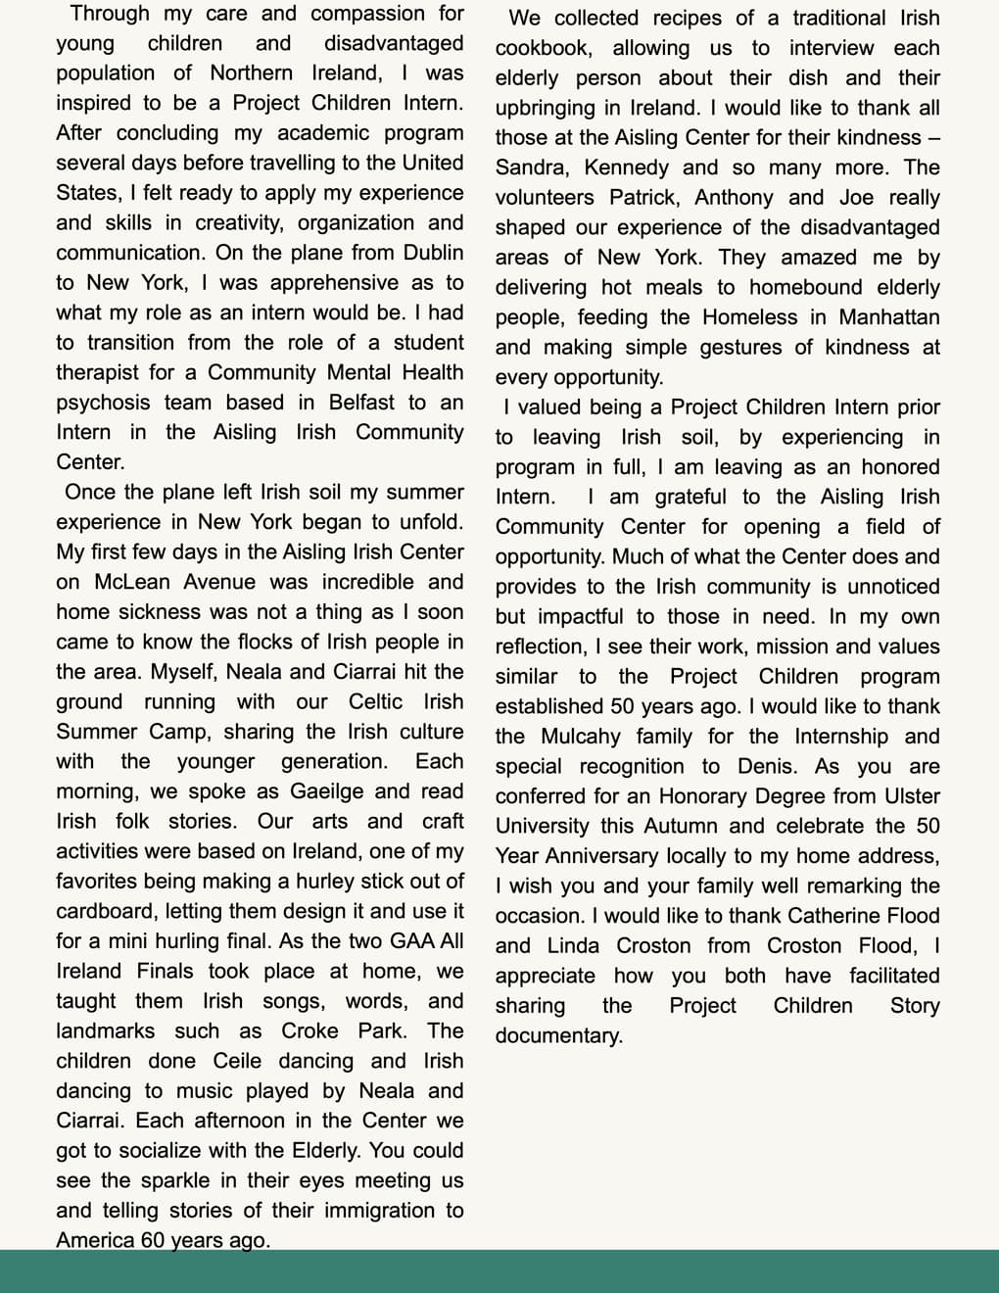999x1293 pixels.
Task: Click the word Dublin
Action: pos(433,252)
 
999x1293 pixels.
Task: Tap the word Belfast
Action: pos(361,402)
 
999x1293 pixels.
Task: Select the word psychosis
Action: pos(103,402)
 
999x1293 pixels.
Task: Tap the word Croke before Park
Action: pos(309,1030)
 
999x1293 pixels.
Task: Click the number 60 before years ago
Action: pos(153,1239)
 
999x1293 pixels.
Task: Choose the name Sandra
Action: pos(530,167)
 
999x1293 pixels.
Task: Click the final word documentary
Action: pos(557,1035)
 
